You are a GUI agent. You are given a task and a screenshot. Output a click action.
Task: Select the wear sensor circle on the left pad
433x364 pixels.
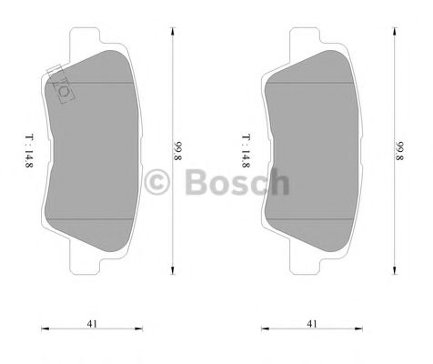(64, 90)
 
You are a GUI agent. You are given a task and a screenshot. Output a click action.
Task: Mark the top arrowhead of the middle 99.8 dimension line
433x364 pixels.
(173, 31)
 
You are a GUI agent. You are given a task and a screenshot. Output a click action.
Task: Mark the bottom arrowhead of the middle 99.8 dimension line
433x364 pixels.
(173, 269)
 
